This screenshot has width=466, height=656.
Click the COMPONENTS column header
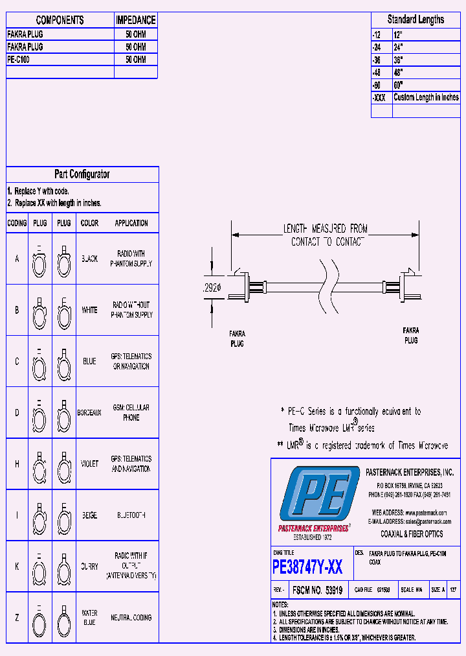pyautogui.click(x=60, y=20)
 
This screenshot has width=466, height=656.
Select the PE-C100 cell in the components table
pyautogui.click(x=18, y=60)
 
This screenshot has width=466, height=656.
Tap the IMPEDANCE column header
pyautogui.click(x=136, y=20)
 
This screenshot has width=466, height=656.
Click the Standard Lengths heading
pyautogui.click(x=416, y=19)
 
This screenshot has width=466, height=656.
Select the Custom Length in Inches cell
pyautogui.click(x=426, y=97)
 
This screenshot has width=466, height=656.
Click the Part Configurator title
pyautogui.click(x=82, y=174)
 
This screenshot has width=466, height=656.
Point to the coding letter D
pyautogui.click(x=17, y=413)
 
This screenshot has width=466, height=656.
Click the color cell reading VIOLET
pyautogui.click(x=89, y=464)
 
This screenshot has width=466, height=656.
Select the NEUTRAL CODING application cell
pyautogui.click(x=131, y=618)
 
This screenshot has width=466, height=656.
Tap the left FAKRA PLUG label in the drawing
pyautogui.click(x=238, y=338)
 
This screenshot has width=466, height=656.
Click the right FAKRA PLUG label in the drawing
pyautogui.click(x=411, y=335)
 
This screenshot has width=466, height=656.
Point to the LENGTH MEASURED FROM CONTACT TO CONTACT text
pyautogui.click(x=325, y=235)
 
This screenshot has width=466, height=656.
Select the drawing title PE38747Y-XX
pyautogui.click(x=308, y=568)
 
